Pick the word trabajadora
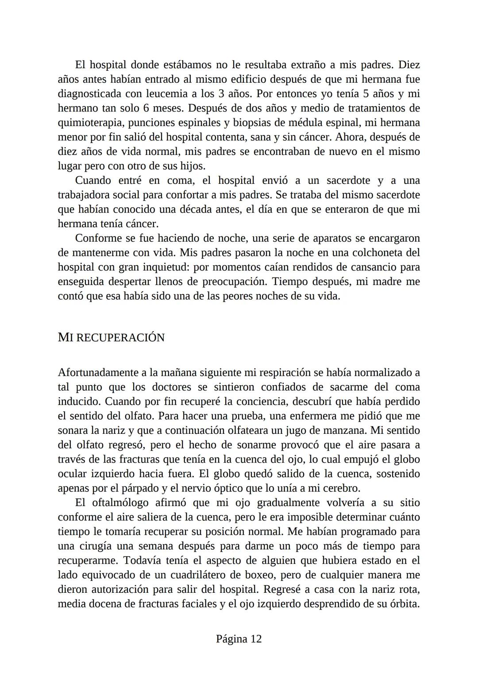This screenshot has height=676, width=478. tap(85, 195)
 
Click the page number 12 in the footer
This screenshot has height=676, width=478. tap(256, 639)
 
